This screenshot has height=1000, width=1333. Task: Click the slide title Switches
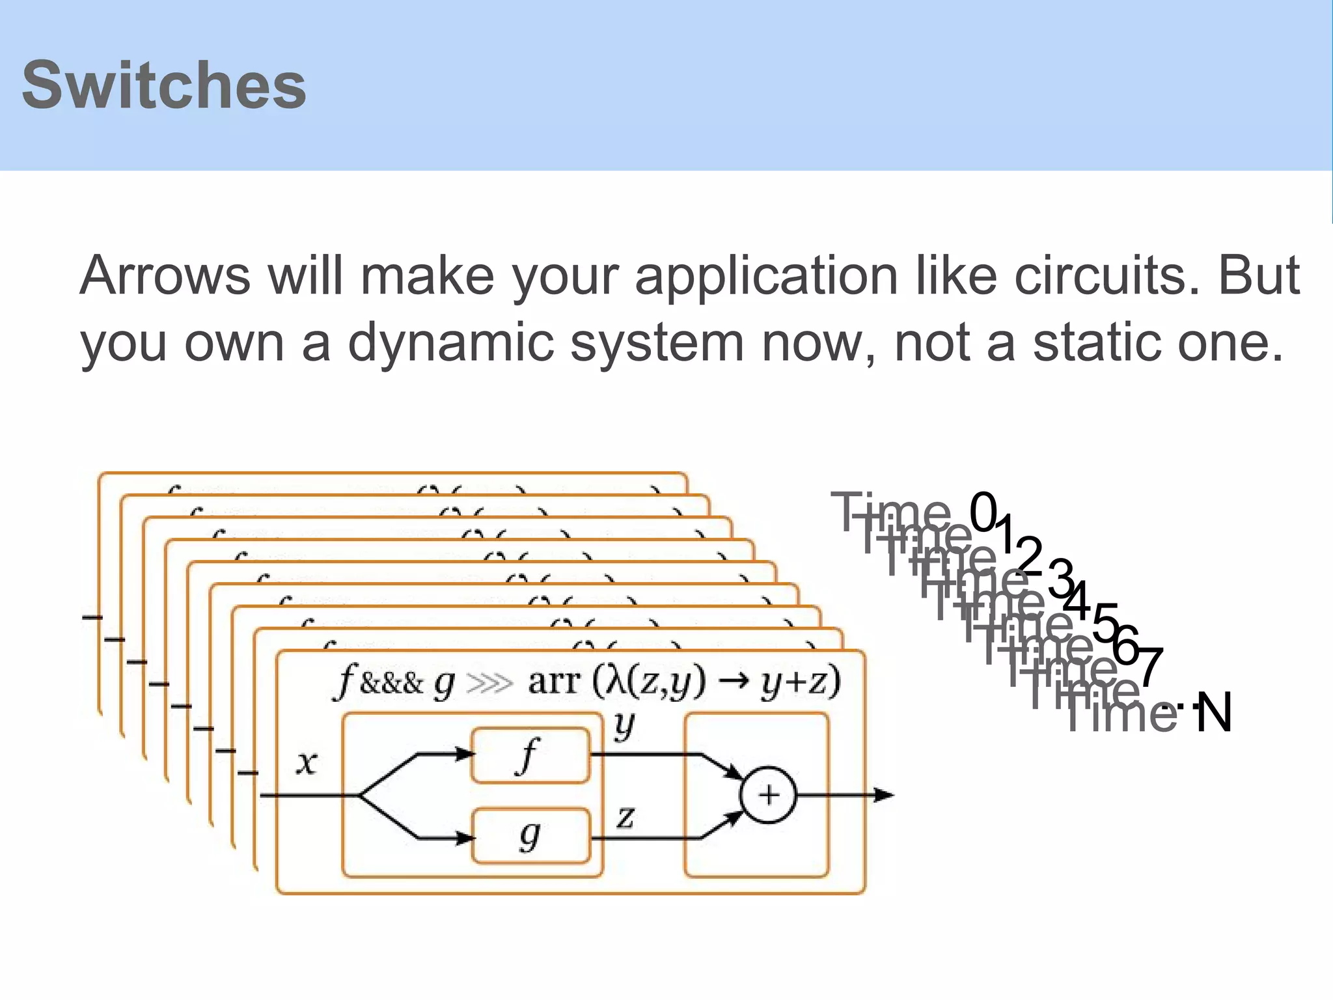click(x=163, y=85)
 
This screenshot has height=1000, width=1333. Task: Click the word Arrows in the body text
click(x=165, y=276)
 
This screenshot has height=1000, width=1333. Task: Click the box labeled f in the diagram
click(x=530, y=755)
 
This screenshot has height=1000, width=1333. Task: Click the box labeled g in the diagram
click(x=530, y=836)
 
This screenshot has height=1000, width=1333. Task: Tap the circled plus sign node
click(x=769, y=795)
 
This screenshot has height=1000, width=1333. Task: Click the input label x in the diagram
click(x=307, y=762)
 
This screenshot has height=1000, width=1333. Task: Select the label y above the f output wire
click(x=624, y=725)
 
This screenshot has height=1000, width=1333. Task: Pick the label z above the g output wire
click(x=625, y=816)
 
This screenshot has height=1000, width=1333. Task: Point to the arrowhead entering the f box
click(x=465, y=755)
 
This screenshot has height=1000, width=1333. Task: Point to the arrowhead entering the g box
click(x=465, y=838)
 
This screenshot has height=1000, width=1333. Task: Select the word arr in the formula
click(x=554, y=682)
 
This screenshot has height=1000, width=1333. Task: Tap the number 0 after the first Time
click(x=983, y=512)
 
